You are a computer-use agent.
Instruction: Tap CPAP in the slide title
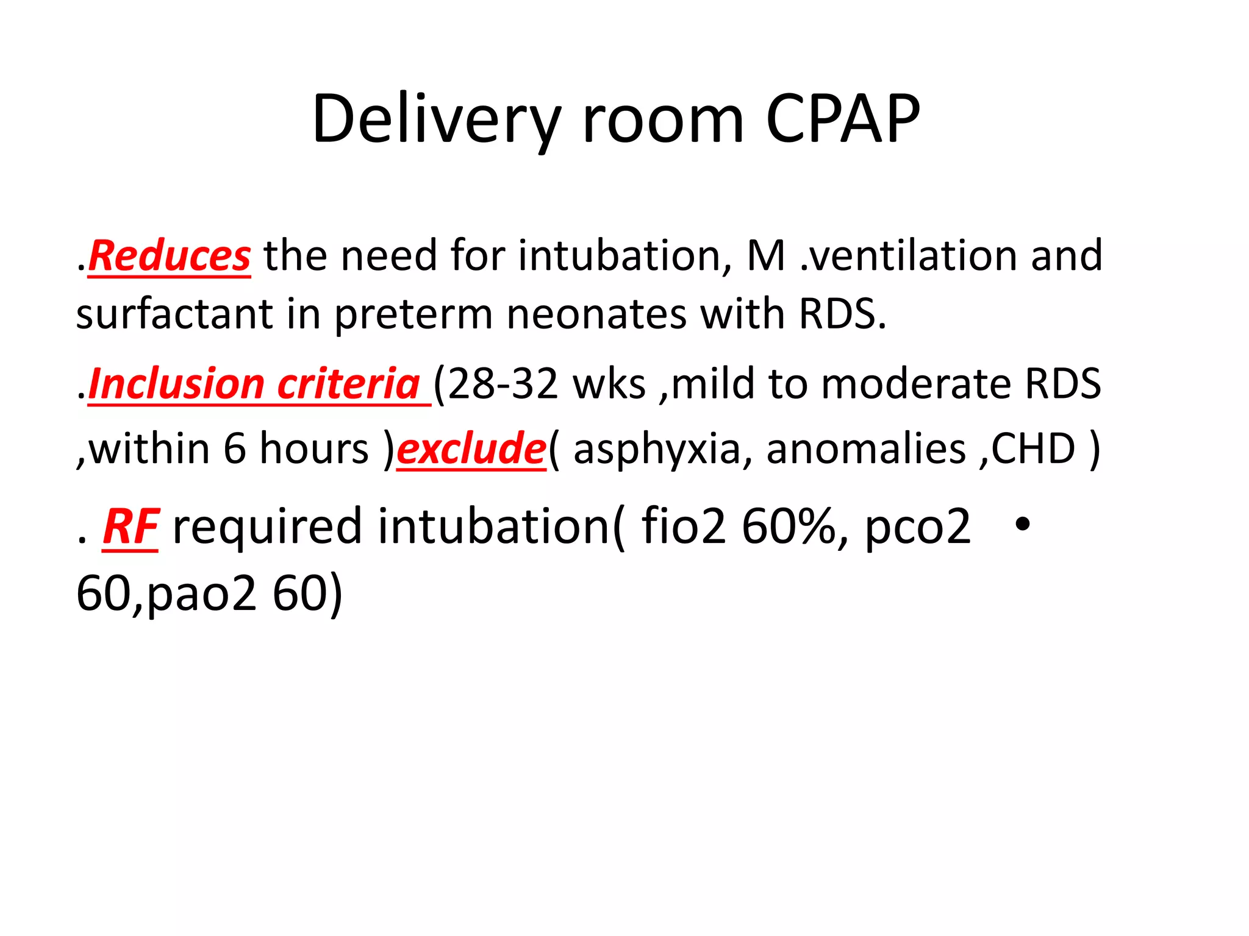[843, 119]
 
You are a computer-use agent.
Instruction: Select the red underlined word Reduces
[170, 256]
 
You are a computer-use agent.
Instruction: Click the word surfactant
[174, 314]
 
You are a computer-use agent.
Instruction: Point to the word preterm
[413, 314]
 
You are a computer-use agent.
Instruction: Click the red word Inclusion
[176, 385]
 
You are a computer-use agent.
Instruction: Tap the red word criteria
[348, 385]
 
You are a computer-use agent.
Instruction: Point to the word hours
[314, 449]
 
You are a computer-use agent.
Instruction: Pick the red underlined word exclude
[471, 449]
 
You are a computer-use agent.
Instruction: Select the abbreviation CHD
[1033, 449]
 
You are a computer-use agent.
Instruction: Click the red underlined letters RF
[131, 527]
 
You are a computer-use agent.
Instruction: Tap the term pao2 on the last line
[201, 594]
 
